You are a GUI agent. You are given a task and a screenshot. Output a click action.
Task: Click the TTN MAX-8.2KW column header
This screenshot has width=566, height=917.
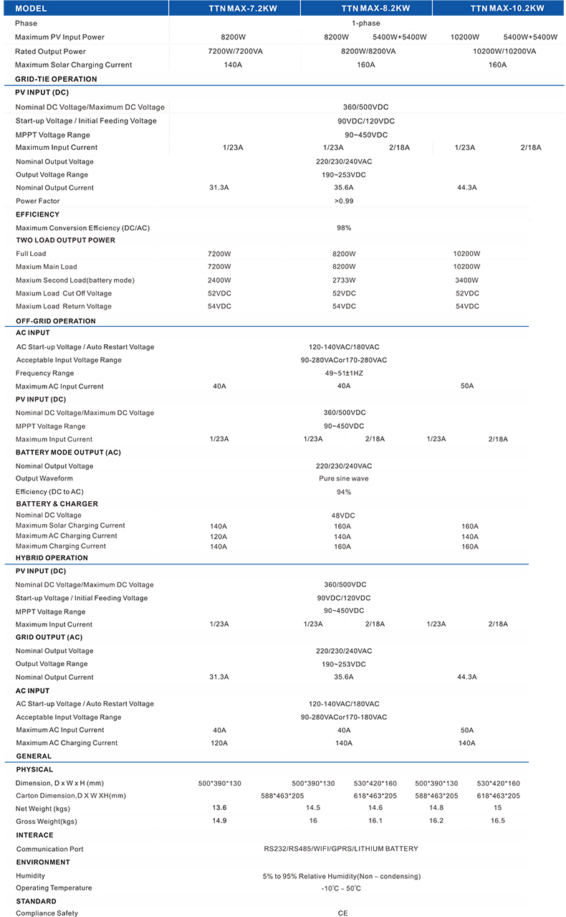coord(365,9)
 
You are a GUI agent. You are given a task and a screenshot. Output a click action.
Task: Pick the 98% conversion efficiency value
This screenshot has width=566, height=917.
coord(344,227)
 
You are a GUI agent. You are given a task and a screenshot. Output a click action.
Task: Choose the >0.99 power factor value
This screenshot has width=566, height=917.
coord(344,201)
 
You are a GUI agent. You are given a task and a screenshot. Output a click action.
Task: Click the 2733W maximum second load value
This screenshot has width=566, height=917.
coord(344,280)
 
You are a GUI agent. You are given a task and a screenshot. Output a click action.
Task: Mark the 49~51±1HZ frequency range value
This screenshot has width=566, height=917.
coord(344,373)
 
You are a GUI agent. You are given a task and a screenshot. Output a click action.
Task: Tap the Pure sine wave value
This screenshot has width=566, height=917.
coord(344,478)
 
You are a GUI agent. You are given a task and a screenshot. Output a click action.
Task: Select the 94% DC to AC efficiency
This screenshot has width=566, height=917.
coord(344,492)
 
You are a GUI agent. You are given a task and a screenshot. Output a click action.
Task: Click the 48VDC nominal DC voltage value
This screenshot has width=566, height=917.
coord(344,515)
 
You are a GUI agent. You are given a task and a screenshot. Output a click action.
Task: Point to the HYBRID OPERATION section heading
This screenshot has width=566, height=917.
coord(52,558)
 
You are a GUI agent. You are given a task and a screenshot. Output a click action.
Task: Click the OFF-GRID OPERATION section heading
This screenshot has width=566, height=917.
coord(55,321)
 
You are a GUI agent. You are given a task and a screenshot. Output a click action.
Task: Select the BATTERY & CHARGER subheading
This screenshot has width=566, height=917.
coord(57,504)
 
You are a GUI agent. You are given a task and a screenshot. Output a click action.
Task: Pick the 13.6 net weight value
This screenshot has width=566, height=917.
coord(219,808)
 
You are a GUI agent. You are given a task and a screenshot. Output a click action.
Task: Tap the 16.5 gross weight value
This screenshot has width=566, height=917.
coord(497,821)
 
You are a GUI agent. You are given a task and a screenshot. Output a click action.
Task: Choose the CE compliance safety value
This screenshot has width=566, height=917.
coord(342,913)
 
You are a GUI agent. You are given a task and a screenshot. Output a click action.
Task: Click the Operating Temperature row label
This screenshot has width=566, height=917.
coord(54,888)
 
